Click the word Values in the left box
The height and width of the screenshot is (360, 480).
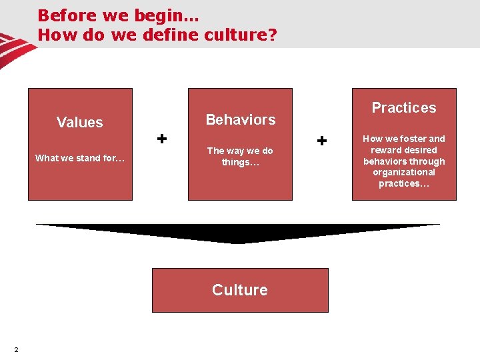80,122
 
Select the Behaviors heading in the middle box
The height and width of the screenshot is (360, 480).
240,119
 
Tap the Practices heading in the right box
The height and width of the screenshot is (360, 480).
404,107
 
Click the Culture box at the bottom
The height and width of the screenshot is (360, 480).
240,290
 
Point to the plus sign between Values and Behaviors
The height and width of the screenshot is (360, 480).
161,138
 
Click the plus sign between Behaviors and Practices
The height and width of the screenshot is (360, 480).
322,141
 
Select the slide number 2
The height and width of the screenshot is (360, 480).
15,350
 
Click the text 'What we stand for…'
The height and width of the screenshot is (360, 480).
80,158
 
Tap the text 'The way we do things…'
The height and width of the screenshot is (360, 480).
240,156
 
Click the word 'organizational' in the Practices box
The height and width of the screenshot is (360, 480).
404,173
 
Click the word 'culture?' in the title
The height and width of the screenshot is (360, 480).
243,35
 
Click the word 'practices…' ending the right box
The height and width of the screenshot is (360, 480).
404,184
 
